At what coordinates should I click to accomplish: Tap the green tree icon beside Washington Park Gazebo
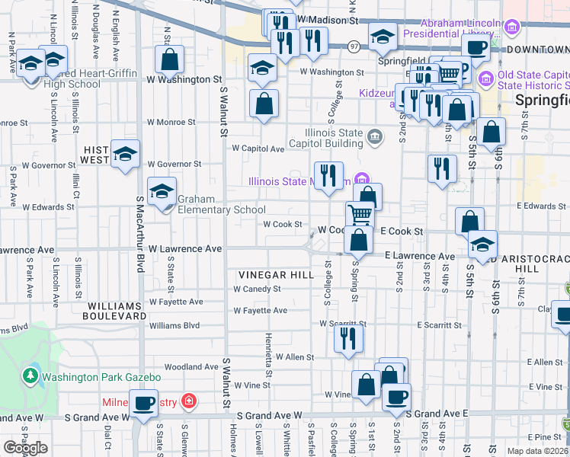point(30,376)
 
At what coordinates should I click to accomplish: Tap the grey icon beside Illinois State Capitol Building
point(374,138)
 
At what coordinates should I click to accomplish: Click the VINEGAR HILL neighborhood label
point(276,275)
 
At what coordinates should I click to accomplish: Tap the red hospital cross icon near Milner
point(188,401)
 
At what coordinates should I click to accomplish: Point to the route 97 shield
point(354,47)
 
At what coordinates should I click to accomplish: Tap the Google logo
point(26,448)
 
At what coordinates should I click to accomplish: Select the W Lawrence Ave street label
point(185,249)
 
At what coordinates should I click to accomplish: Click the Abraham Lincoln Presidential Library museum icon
point(511,29)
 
